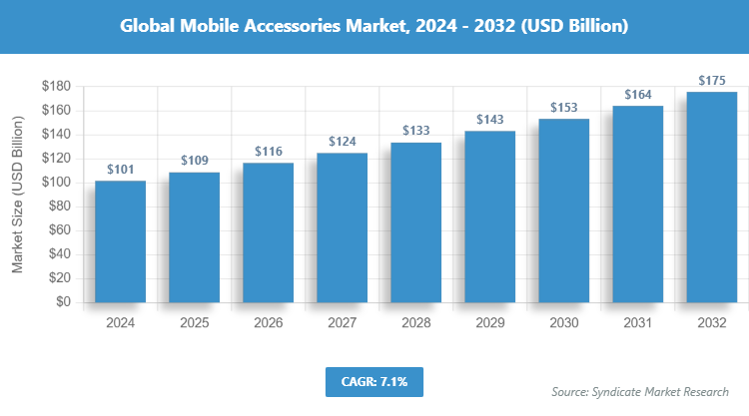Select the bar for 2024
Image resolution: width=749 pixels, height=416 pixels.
point(120,241)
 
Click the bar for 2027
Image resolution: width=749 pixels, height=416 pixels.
point(342,227)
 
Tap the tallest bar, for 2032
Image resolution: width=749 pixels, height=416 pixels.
point(711,197)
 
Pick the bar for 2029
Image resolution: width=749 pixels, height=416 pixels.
point(489,216)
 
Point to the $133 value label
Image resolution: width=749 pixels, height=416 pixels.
point(415,131)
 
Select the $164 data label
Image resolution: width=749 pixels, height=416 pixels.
point(637,94)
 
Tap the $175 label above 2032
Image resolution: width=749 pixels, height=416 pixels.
point(711,80)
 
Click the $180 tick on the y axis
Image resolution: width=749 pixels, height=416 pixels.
point(56,87)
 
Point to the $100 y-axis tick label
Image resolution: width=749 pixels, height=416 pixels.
point(56,183)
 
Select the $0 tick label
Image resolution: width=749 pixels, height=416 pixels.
point(63,302)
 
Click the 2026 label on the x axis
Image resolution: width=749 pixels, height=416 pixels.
point(268,323)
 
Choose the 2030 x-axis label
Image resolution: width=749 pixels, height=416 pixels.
point(563,323)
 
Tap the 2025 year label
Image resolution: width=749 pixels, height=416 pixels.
point(194,323)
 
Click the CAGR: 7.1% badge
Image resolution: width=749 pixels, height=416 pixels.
point(374,381)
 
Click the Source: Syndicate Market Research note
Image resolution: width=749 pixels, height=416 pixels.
point(640,392)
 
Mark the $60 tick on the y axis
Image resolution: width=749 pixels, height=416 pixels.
point(59,230)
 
